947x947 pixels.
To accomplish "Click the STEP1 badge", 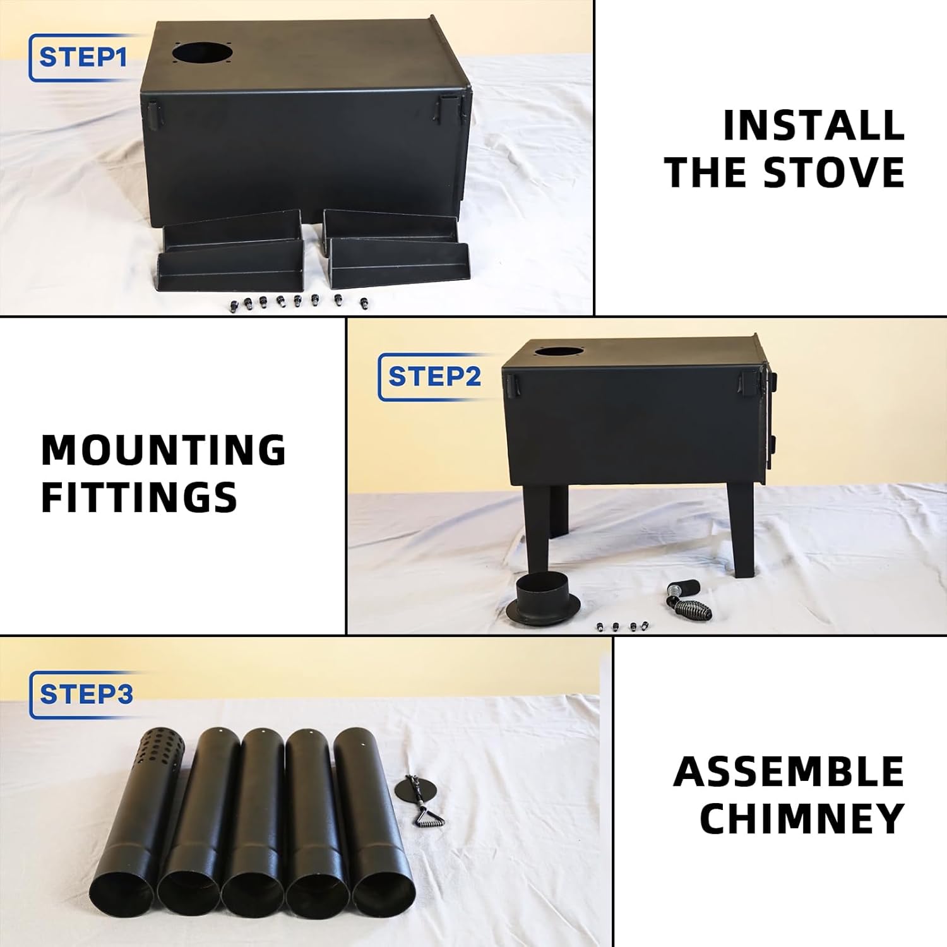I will pos(82,57).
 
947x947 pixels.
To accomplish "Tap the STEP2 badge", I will pos(434,376).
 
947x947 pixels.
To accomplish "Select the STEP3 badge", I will pos(86,694).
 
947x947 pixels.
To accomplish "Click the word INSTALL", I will pos(813,126).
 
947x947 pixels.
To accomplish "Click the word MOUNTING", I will pos(164,450).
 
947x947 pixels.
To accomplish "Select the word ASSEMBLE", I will pos(789,771).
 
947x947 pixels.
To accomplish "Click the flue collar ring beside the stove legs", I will pos(542,599).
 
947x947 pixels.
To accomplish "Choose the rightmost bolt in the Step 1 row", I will pos(364,304).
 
